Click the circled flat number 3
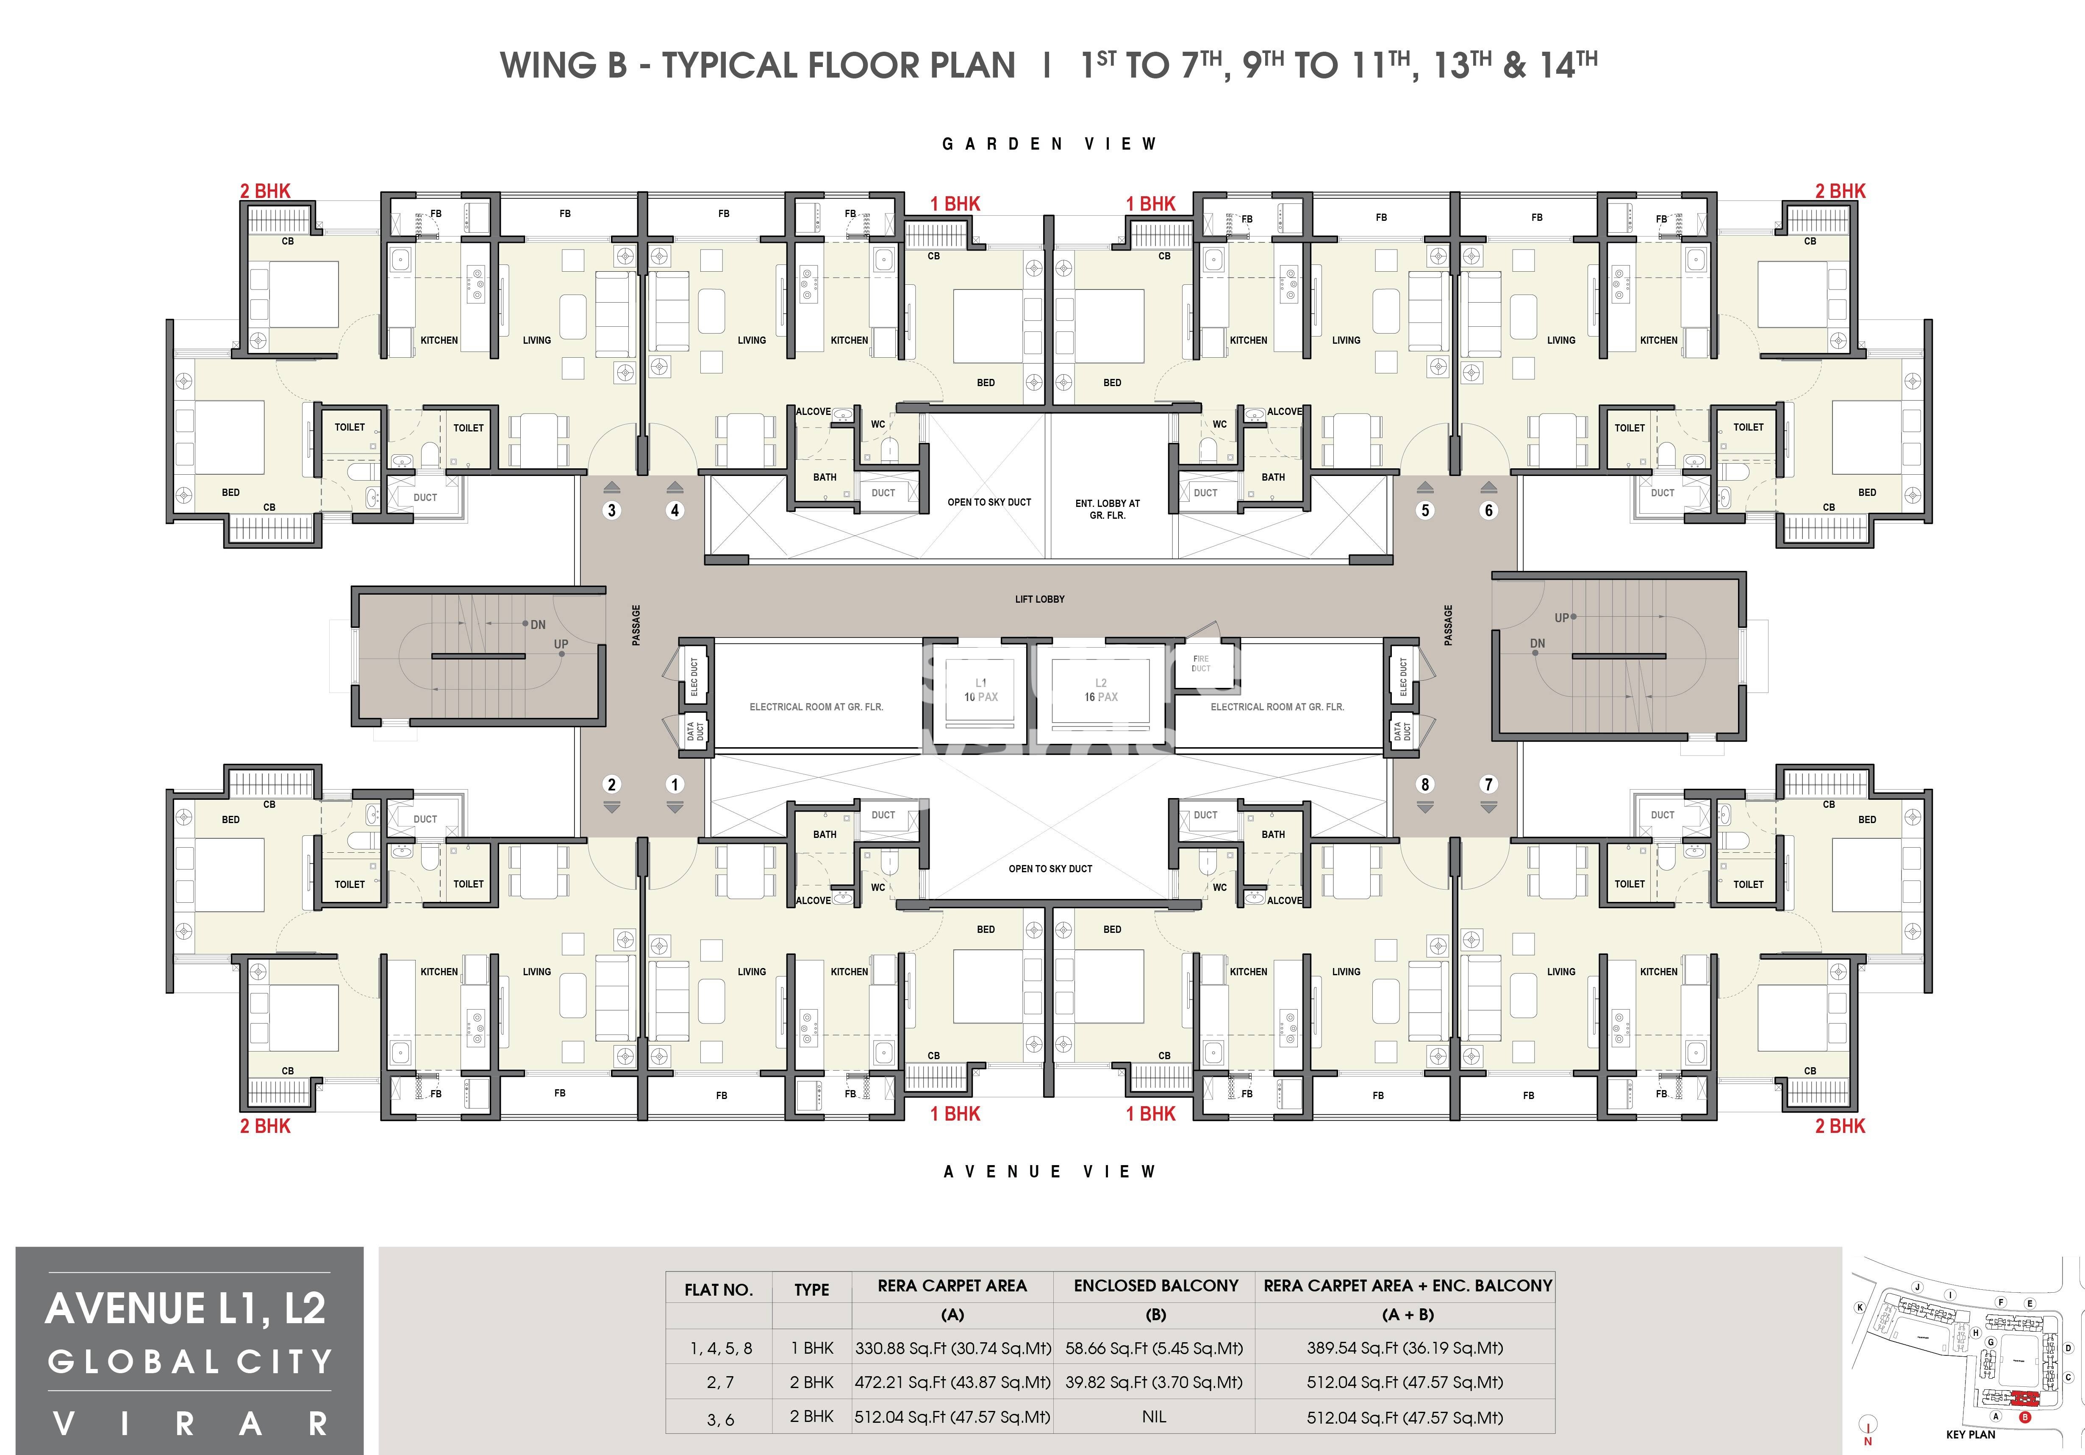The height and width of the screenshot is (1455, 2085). click(x=611, y=510)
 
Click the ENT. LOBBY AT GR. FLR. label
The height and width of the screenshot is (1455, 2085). click(x=1107, y=509)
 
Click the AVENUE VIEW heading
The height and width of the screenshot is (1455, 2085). click(x=1049, y=1171)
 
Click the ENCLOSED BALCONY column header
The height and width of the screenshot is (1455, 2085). click(x=1155, y=1286)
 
